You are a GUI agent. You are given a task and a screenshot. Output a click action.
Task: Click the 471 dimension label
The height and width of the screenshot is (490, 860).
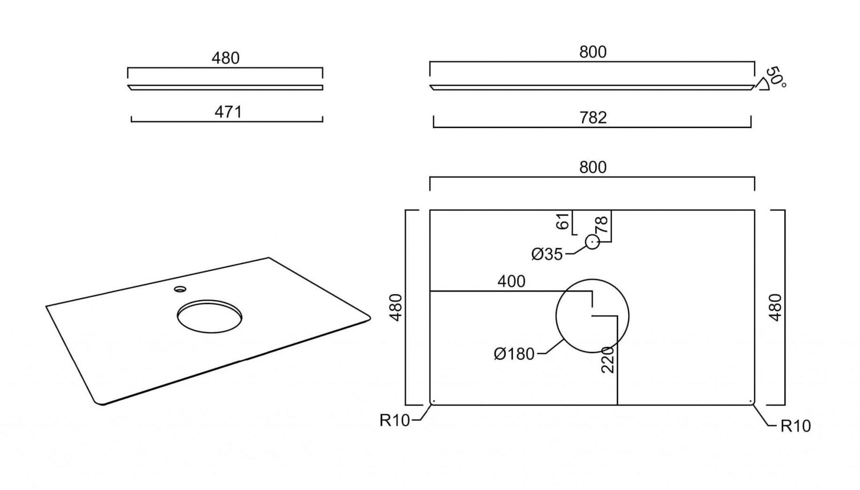(228, 112)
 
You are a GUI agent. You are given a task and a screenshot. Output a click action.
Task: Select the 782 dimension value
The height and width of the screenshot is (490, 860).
(593, 118)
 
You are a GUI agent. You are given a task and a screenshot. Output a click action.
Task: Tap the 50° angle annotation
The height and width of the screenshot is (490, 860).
(776, 77)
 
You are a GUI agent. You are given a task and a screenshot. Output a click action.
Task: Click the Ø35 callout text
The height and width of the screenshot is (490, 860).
(547, 254)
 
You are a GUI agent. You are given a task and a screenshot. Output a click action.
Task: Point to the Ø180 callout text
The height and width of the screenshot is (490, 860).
(514, 353)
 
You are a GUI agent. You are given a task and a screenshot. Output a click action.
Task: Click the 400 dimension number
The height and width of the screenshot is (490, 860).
(511, 281)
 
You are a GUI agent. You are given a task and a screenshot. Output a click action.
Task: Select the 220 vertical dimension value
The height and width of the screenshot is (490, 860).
(608, 360)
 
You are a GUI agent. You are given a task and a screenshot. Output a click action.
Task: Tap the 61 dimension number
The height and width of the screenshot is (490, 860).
(563, 221)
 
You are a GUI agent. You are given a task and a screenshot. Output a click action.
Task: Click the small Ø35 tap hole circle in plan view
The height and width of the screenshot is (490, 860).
(592, 242)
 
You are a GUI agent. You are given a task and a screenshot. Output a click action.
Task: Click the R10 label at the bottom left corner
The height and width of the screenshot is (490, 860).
(395, 420)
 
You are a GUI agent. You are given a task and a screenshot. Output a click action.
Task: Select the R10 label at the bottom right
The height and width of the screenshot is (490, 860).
(796, 426)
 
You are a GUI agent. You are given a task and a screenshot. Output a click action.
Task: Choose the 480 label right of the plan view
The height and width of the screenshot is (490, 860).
(775, 307)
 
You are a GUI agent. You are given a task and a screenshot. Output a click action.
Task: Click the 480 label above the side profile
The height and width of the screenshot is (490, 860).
(225, 58)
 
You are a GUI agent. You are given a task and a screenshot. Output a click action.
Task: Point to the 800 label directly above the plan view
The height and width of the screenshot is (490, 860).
(593, 168)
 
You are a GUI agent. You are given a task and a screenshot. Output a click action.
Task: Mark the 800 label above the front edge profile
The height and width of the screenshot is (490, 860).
(593, 52)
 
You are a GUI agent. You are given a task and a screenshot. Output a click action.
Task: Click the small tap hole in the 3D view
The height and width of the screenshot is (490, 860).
(180, 289)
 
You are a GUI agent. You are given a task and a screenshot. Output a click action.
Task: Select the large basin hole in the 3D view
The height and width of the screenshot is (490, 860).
(210, 316)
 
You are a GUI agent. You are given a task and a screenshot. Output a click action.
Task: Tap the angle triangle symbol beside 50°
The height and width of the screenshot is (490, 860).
(762, 84)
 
